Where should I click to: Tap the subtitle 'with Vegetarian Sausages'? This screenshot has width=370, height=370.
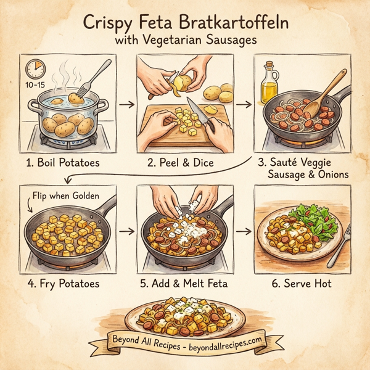[184, 41]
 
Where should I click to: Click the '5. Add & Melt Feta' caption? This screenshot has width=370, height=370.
[184, 284]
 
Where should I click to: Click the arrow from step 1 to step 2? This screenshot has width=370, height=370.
[126, 104]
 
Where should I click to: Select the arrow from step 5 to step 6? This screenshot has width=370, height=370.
[245, 232]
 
